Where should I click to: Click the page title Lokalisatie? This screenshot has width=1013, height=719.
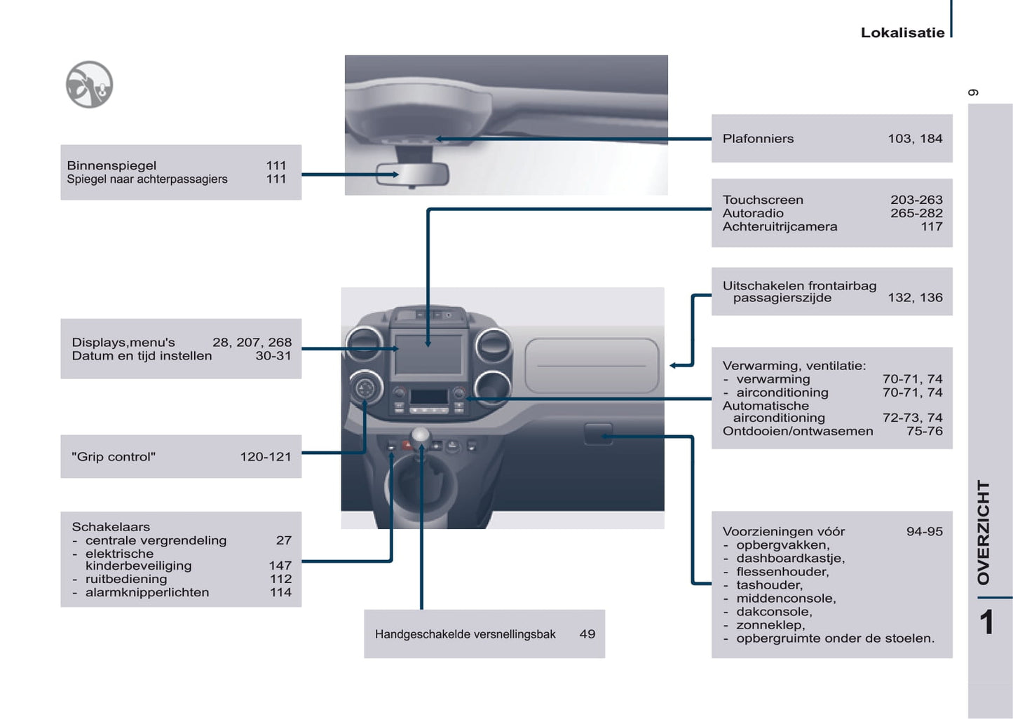pyautogui.click(x=902, y=33)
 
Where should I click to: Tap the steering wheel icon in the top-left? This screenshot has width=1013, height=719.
pyautogui.click(x=89, y=85)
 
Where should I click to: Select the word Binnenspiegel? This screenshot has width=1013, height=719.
pyautogui.click(x=111, y=166)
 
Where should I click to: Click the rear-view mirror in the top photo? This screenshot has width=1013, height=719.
pyautogui.click(x=412, y=174)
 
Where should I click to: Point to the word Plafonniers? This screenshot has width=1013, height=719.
pyautogui.click(x=758, y=139)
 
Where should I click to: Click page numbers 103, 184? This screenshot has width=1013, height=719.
pyautogui.click(x=915, y=139)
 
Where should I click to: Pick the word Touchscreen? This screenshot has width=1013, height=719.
pyautogui.click(x=763, y=200)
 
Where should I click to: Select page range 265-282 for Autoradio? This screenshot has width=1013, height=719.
pyautogui.click(x=916, y=214)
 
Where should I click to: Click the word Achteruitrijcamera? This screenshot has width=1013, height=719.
pyautogui.click(x=780, y=227)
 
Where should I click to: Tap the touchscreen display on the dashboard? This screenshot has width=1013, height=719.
pyautogui.click(x=428, y=355)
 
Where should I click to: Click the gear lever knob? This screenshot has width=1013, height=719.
pyautogui.click(x=421, y=435)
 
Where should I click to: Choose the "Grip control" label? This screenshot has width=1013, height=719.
pyautogui.click(x=114, y=457)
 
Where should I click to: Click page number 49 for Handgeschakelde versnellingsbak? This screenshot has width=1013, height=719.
pyautogui.click(x=587, y=634)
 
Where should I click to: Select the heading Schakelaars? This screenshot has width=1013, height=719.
pyautogui.click(x=111, y=527)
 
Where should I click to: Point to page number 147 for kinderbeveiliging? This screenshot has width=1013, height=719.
pyautogui.click(x=280, y=566)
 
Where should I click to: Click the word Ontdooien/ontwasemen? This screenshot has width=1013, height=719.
pyautogui.click(x=798, y=432)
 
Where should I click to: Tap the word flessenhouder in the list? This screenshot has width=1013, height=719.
pyautogui.click(x=782, y=572)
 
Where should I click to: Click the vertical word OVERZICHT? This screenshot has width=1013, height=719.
pyautogui.click(x=984, y=532)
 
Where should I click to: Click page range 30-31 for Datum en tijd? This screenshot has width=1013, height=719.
pyautogui.click(x=273, y=356)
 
